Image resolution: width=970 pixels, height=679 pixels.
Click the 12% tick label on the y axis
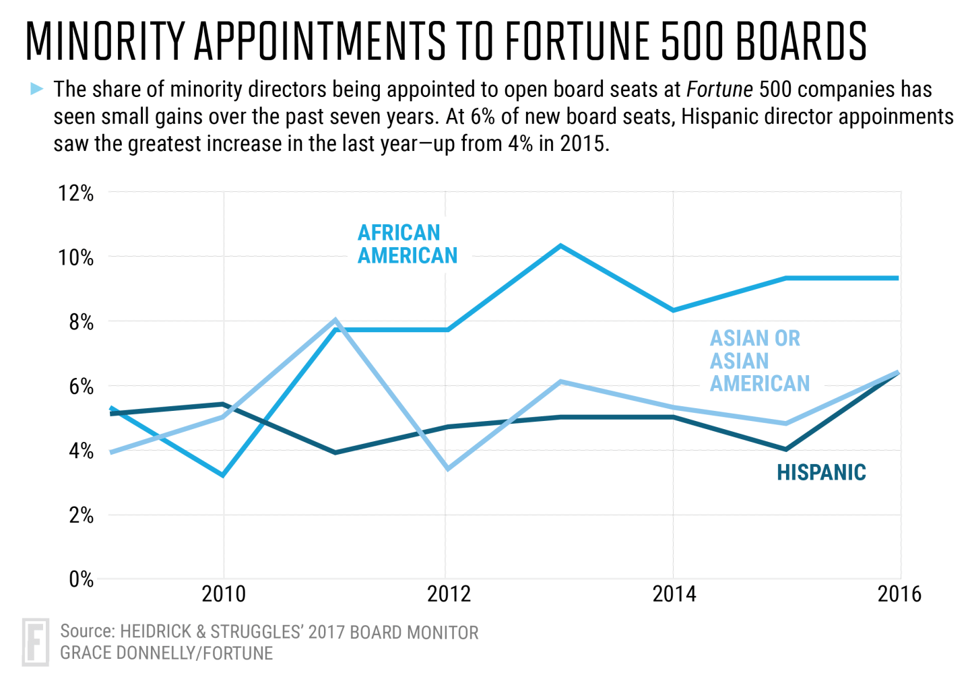[x=76, y=193]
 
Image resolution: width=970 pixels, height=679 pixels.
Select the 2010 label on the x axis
[x=224, y=594]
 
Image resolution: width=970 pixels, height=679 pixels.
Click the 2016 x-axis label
[x=899, y=594]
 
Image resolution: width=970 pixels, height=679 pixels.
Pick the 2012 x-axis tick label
[x=449, y=594]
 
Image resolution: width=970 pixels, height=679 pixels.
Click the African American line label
[x=407, y=244]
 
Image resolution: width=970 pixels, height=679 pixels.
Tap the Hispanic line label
[x=821, y=472]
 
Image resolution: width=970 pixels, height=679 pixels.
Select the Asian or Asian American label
[x=759, y=360]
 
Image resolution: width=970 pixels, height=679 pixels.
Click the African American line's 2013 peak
[x=560, y=246]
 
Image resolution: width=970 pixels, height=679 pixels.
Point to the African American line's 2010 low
[x=223, y=476]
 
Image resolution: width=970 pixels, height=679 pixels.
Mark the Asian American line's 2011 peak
[x=335, y=320]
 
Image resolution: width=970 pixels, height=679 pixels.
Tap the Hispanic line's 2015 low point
[x=785, y=449]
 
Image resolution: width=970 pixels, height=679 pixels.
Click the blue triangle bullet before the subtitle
[x=36, y=88]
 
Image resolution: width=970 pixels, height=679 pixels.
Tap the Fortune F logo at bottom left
[x=36, y=642]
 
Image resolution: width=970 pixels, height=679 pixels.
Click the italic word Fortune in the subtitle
[x=719, y=89]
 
